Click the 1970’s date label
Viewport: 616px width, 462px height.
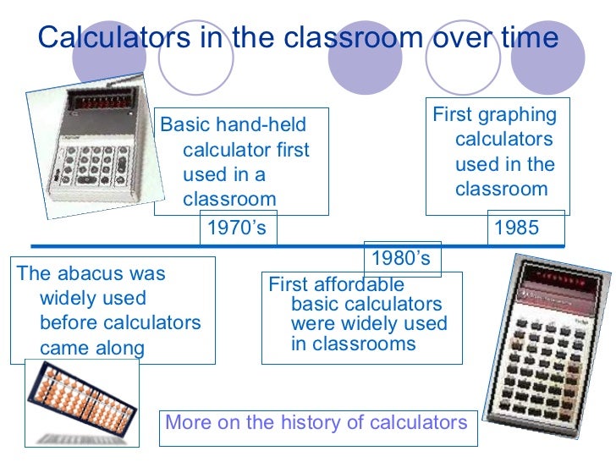pyautogui.click(x=236, y=228)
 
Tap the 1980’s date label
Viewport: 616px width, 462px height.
pyautogui.click(x=401, y=257)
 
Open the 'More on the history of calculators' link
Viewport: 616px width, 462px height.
pyautogui.click(x=316, y=422)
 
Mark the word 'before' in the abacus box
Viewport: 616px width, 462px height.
pyautogui.click(x=70, y=323)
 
